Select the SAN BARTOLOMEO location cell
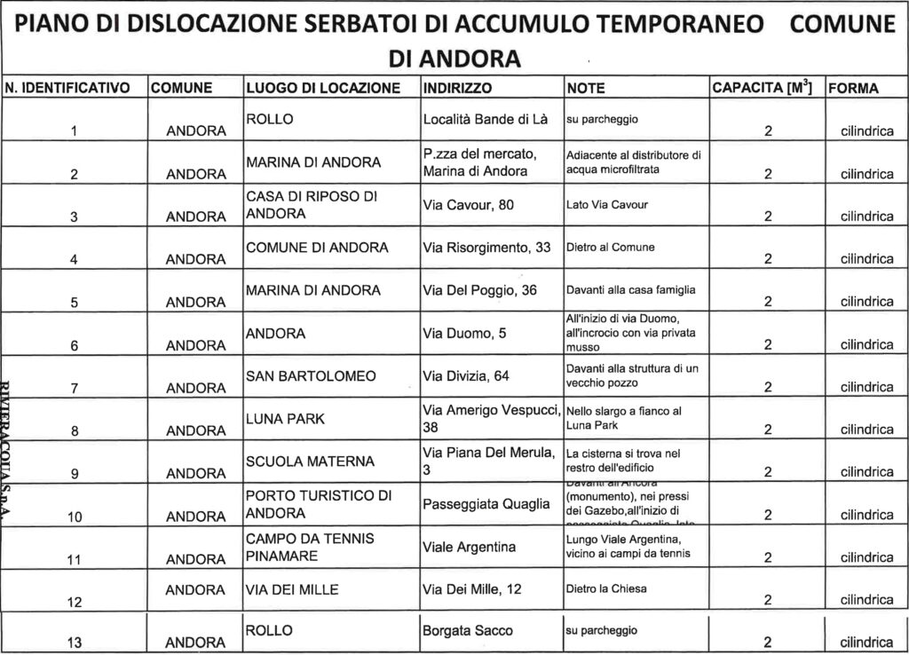[311, 376]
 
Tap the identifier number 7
[75, 388]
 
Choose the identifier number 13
[75, 643]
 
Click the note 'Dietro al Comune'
[610, 248]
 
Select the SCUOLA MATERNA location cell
[311, 462]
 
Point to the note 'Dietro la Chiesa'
[606, 588]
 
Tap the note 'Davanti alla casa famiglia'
[631, 290]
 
